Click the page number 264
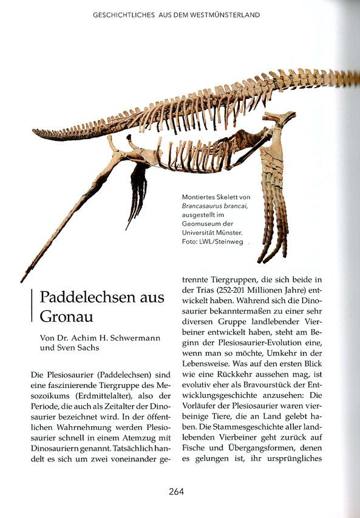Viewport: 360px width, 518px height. (177, 491)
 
